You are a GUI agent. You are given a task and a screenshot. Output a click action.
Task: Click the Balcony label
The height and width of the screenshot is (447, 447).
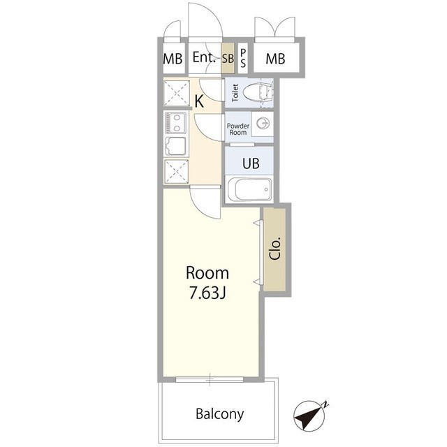[219, 413]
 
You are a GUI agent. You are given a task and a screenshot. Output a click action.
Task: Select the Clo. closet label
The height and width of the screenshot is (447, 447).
[275, 248]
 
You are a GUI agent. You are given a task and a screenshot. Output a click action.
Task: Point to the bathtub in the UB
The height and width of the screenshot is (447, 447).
[249, 190]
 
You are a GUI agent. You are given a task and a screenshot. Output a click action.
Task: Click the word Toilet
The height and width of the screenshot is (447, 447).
[235, 93]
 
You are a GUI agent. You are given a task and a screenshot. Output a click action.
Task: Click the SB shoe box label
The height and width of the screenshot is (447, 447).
[228, 59]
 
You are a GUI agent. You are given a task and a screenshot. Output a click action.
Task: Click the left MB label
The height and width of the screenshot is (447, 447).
[173, 59]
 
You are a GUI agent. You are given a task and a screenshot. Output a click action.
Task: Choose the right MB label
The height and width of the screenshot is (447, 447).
[275, 59]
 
